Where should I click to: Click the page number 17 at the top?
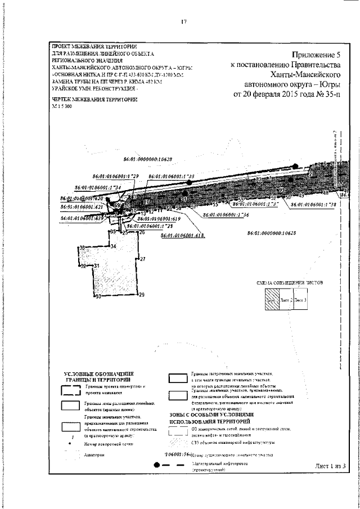pos(183,22)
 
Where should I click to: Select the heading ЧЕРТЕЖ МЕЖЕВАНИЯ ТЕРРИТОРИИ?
pos(94,99)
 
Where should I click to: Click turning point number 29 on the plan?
pos(142,295)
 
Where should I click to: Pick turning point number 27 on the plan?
pos(143,259)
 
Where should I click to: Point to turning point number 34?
pos(113,247)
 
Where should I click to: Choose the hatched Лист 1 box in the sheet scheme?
pos(272,299)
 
